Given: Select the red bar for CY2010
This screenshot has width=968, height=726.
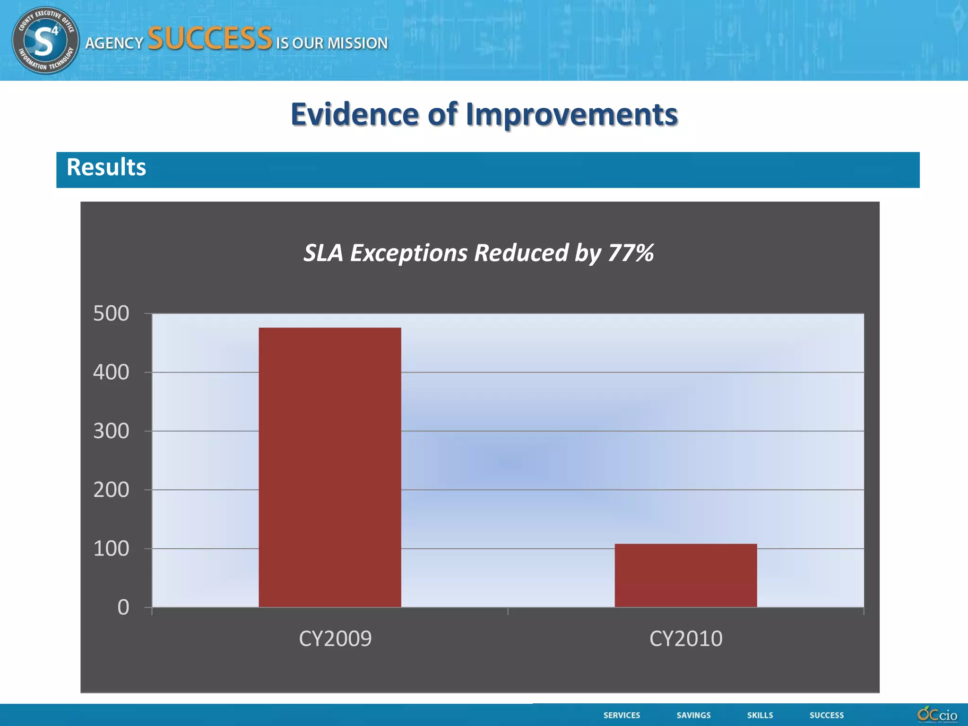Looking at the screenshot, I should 685,575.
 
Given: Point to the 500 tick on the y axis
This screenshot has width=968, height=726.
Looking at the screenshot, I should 111,313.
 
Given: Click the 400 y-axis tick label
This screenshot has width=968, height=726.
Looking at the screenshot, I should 111,372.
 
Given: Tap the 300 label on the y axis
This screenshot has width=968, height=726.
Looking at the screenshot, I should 111,431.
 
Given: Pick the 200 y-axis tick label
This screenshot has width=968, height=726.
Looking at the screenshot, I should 111,490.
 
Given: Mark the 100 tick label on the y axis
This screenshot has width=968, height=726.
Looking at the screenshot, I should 111,549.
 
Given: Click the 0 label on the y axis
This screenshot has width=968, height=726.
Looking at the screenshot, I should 123,608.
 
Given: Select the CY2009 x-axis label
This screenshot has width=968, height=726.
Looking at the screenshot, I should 335,639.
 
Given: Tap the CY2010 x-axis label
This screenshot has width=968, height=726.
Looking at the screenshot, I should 686,639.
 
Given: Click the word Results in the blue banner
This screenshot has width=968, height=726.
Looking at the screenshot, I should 106,167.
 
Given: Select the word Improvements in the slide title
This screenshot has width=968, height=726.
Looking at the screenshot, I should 571,115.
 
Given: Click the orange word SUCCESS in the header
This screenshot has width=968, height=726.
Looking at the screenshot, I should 210,39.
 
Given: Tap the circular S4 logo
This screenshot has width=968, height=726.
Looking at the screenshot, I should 45,40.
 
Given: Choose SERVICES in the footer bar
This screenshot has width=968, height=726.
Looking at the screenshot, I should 622,715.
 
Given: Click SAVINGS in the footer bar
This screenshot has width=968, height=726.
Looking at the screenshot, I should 693,715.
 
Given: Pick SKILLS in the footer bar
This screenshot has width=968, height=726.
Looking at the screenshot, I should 760,715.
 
